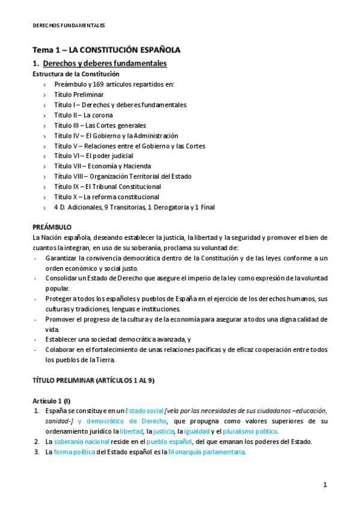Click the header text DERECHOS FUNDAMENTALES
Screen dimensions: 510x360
tap(68, 25)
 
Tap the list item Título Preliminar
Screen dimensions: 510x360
tap(79, 94)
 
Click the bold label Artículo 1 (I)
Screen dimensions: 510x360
tap(52, 401)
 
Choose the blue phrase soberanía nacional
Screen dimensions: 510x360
tap(81, 442)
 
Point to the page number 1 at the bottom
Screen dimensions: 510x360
tap(325, 485)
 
